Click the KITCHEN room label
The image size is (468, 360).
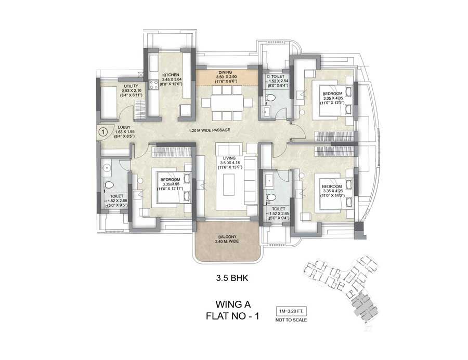[170, 75]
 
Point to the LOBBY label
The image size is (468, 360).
[124, 127]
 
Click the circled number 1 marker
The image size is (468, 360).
[102, 132]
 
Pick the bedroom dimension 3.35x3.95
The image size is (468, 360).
[172, 184]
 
